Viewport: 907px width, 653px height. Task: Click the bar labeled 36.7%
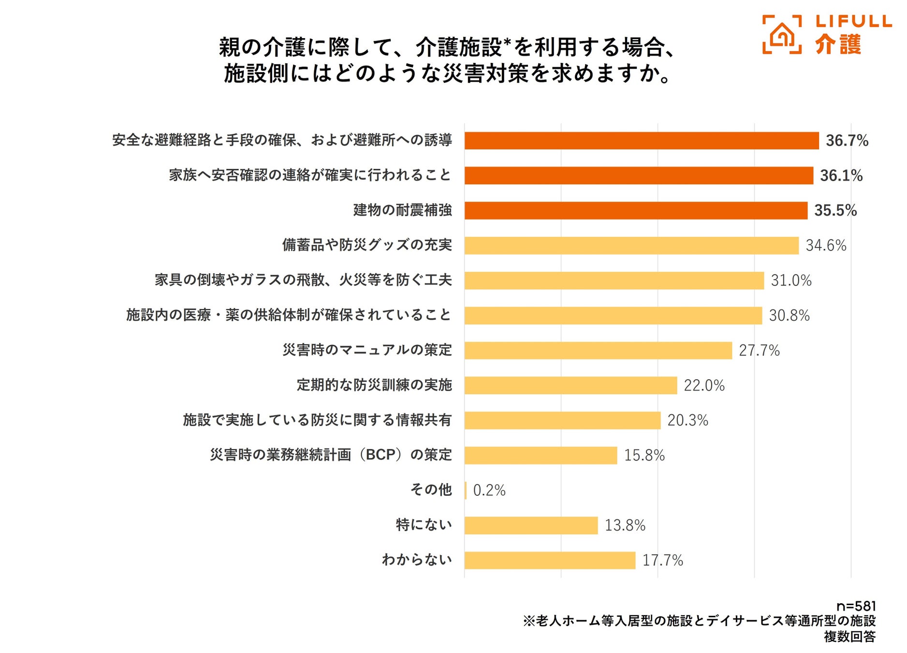[x=641, y=141]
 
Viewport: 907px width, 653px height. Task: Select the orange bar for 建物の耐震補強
[x=635, y=210]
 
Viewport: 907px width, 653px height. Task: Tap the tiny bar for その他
[x=466, y=490]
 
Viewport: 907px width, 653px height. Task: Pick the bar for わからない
[x=549, y=560]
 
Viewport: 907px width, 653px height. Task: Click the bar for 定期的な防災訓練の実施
[x=570, y=386]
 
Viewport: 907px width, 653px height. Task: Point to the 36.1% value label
[x=841, y=176]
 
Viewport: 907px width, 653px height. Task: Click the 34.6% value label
[x=825, y=246]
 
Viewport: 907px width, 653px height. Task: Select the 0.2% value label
[x=489, y=490]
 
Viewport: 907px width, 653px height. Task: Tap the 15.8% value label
[x=644, y=455]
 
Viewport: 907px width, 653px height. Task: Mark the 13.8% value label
[x=625, y=525]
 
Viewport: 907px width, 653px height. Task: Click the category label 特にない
[x=424, y=525]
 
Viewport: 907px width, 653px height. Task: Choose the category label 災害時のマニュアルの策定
[x=367, y=350]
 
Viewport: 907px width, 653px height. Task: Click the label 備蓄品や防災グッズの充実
[x=367, y=245]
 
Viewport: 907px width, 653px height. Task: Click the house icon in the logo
[x=782, y=35]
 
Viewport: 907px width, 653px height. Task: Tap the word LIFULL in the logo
[x=853, y=21]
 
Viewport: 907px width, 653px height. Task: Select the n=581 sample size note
[x=856, y=607]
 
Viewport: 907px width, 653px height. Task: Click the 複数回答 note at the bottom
[x=849, y=637]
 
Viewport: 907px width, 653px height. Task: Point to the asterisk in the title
[x=507, y=42]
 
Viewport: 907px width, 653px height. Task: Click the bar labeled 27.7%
[x=598, y=351]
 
